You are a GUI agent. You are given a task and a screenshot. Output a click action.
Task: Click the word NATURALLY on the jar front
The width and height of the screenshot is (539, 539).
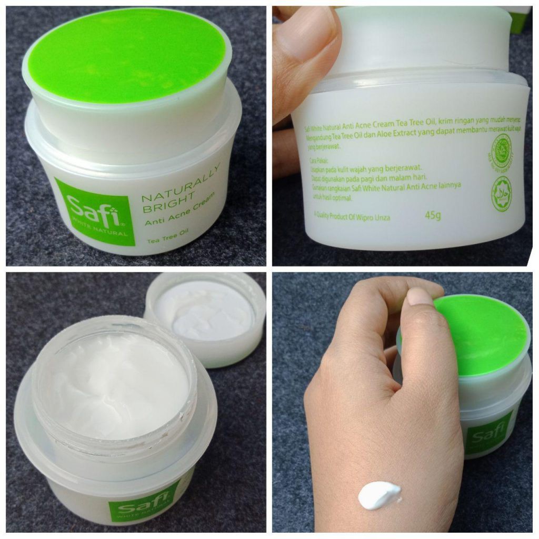tap(180, 184)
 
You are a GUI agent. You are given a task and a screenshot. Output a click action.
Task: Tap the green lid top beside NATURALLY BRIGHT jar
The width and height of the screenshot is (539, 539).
tap(126, 55)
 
